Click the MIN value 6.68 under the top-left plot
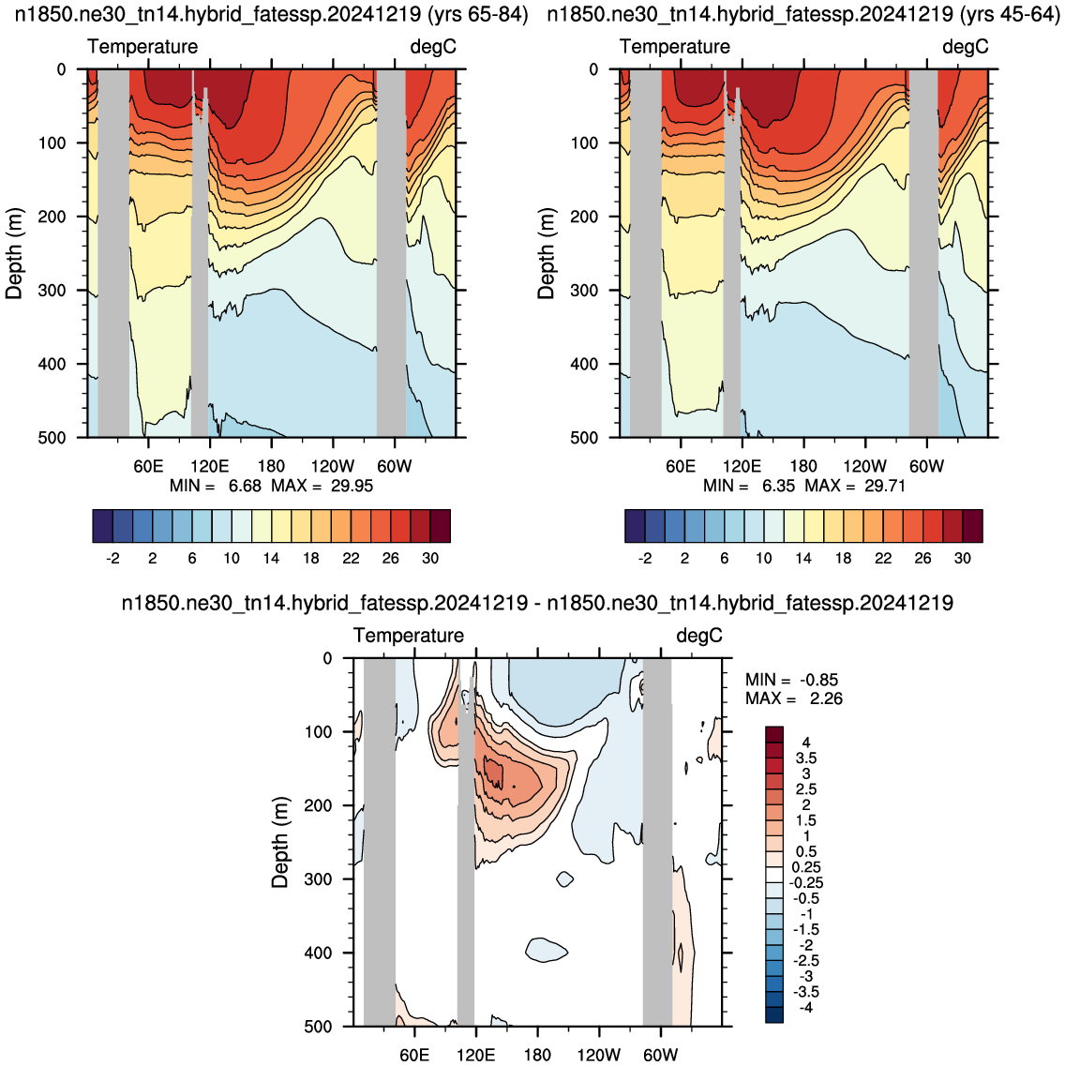click(x=245, y=486)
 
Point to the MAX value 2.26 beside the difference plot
click(x=826, y=698)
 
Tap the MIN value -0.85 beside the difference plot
click(x=819, y=680)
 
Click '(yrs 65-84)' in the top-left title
click(x=482, y=14)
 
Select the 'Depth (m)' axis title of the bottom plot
click(x=280, y=842)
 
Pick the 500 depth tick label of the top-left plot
click(x=52, y=438)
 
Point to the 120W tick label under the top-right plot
click(x=865, y=466)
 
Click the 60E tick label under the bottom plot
click(x=414, y=1055)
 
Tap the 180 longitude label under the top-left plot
click(x=271, y=466)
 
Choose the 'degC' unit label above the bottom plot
click(x=699, y=636)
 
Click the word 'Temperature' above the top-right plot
click(x=675, y=46)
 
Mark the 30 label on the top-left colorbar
click(x=430, y=558)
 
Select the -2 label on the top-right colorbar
click(x=645, y=558)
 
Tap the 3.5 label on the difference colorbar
click(x=806, y=758)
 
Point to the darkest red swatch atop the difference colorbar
click(x=774, y=734)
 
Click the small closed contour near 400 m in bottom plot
click(x=547, y=950)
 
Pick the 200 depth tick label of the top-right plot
click(x=584, y=217)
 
